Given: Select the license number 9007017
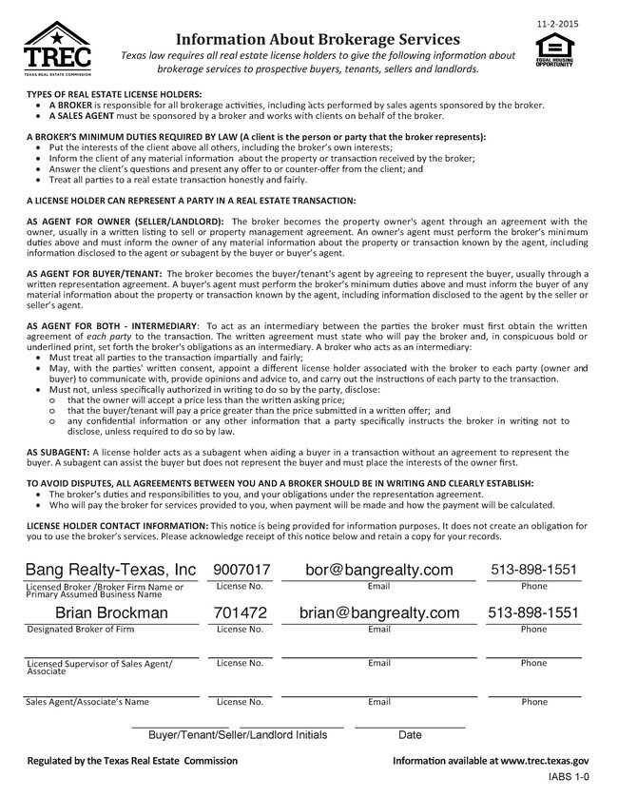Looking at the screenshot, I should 241,570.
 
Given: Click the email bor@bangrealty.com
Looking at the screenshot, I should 378,570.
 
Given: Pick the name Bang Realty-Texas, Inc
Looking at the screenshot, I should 110,570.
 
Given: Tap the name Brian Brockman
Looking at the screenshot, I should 111,612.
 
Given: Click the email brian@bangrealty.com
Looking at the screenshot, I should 378,612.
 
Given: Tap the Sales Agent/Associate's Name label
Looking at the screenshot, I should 87,703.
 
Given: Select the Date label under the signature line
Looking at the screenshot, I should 410,735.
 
